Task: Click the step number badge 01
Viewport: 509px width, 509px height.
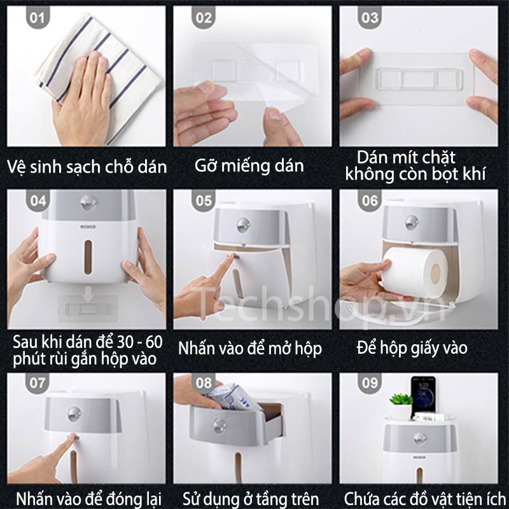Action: coord(38,18)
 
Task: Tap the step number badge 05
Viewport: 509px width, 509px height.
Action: coord(204,200)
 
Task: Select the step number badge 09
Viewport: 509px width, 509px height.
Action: coord(370,384)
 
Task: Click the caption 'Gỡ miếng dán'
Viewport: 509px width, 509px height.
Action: coord(249,165)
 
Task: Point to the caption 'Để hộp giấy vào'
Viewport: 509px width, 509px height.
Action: coord(412,348)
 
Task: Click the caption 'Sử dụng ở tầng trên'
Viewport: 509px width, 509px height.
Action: coord(251,499)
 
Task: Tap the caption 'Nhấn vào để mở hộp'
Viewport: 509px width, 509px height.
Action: coord(250,349)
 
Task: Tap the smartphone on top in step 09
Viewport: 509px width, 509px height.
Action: coord(423,396)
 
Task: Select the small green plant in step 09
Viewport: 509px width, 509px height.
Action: coord(401,399)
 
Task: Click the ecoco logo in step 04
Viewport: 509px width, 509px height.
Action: coord(88,227)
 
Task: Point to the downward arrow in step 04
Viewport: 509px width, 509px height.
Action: coord(88,293)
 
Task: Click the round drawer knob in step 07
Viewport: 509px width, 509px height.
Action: coord(74,414)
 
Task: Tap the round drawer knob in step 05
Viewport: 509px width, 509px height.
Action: coord(243,225)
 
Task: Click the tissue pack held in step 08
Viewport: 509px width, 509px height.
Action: coord(232,396)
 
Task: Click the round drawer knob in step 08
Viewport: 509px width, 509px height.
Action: coord(220,426)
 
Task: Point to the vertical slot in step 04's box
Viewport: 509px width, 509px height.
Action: coord(88,257)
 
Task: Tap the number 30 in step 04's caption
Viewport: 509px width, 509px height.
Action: coord(125,342)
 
